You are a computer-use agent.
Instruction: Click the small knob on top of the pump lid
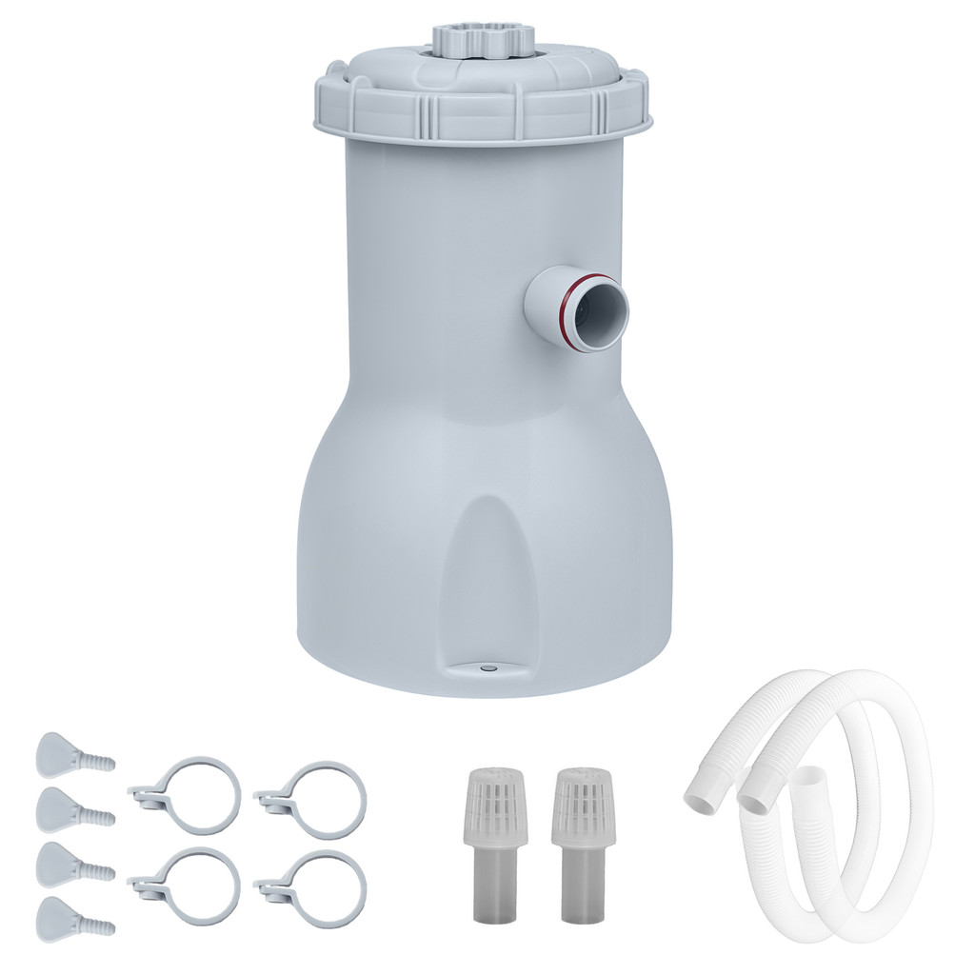pos(481,40)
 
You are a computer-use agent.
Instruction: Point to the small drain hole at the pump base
pos(487,668)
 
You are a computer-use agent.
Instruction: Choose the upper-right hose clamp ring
pos(315,798)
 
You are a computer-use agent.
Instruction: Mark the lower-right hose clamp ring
pos(315,887)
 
